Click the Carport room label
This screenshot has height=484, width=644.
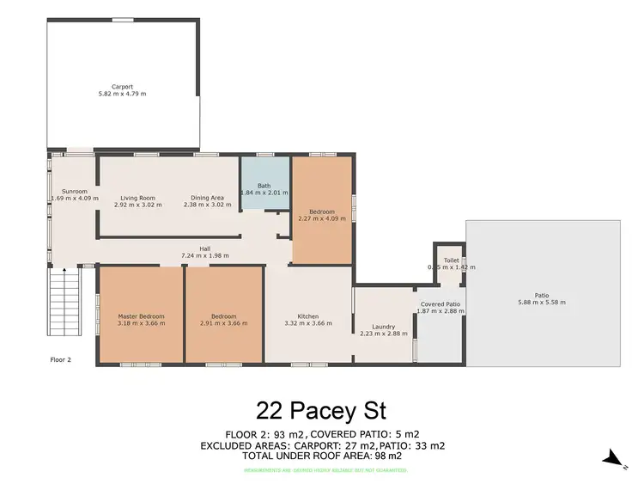coord(122,87)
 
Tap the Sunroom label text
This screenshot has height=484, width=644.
coord(75,192)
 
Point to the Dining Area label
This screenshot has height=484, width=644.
coord(207,198)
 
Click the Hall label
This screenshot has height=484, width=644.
coord(205,248)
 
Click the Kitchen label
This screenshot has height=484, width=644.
coord(308,316)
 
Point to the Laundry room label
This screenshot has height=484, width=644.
coord(383,326)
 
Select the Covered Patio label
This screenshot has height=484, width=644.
coord(440,304)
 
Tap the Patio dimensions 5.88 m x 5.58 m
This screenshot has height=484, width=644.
coord(542,303)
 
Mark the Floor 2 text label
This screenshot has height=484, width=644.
coord(60,360)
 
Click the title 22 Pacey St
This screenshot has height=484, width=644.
coord(321,407)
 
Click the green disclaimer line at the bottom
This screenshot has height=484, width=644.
coord(322,469)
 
